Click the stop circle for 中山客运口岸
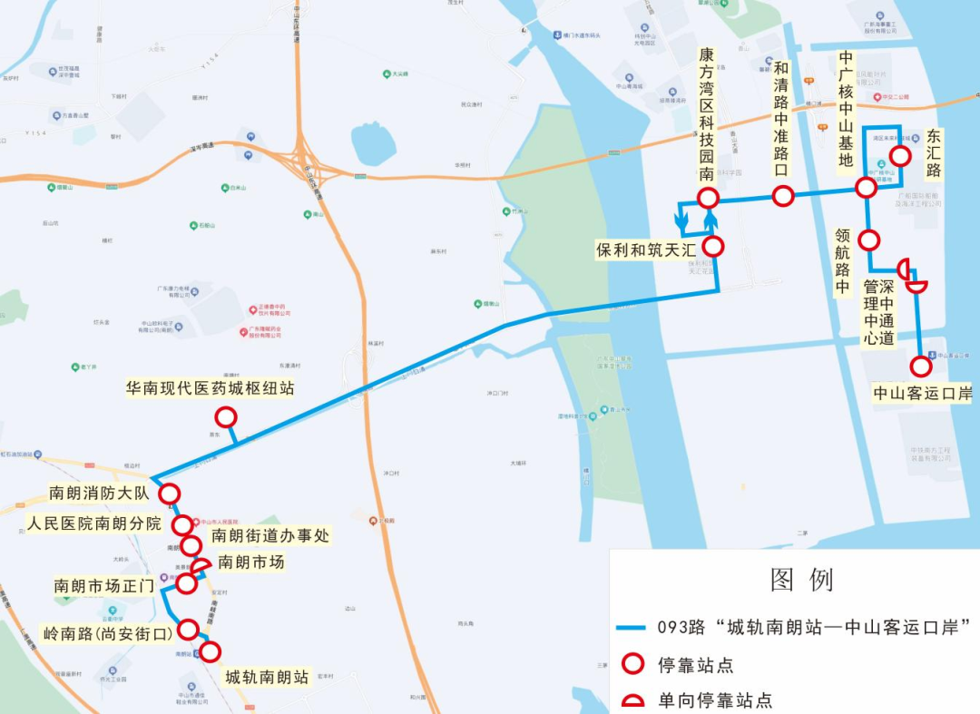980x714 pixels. pyautogui.click(x=921, y=367)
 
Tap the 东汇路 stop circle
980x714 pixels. pyautogui.click(x=900, y=156)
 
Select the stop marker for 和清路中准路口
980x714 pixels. pyautogui.click(x=783, y=196)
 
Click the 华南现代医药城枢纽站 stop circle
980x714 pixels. pyautogui.click(x=225, y=416)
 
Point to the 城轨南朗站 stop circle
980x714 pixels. pyautogui.click(x=211, y=650)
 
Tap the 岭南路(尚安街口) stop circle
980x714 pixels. pyautogui.click(x=188, y=629)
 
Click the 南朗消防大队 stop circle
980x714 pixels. pyautogui.click(x=169, y=494)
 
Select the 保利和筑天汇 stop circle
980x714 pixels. pyautogui.click(x=713, y=246)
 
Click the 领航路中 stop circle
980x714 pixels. pyautogui.click(x=869, y=240)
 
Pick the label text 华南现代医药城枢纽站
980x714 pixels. pyautogui.click(x=210, y=388)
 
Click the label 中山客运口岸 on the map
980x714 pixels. pyautogui.click(x=922, y=394)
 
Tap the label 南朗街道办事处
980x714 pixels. pyautogui.click(x=270, y=536)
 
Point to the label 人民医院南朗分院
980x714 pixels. pyautogui.click(x=93, y=523)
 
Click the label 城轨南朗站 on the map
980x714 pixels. pyautogui.click(x=267, y=677)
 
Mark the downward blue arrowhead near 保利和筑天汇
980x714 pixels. pyautogui.click(x=680, y=221)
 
